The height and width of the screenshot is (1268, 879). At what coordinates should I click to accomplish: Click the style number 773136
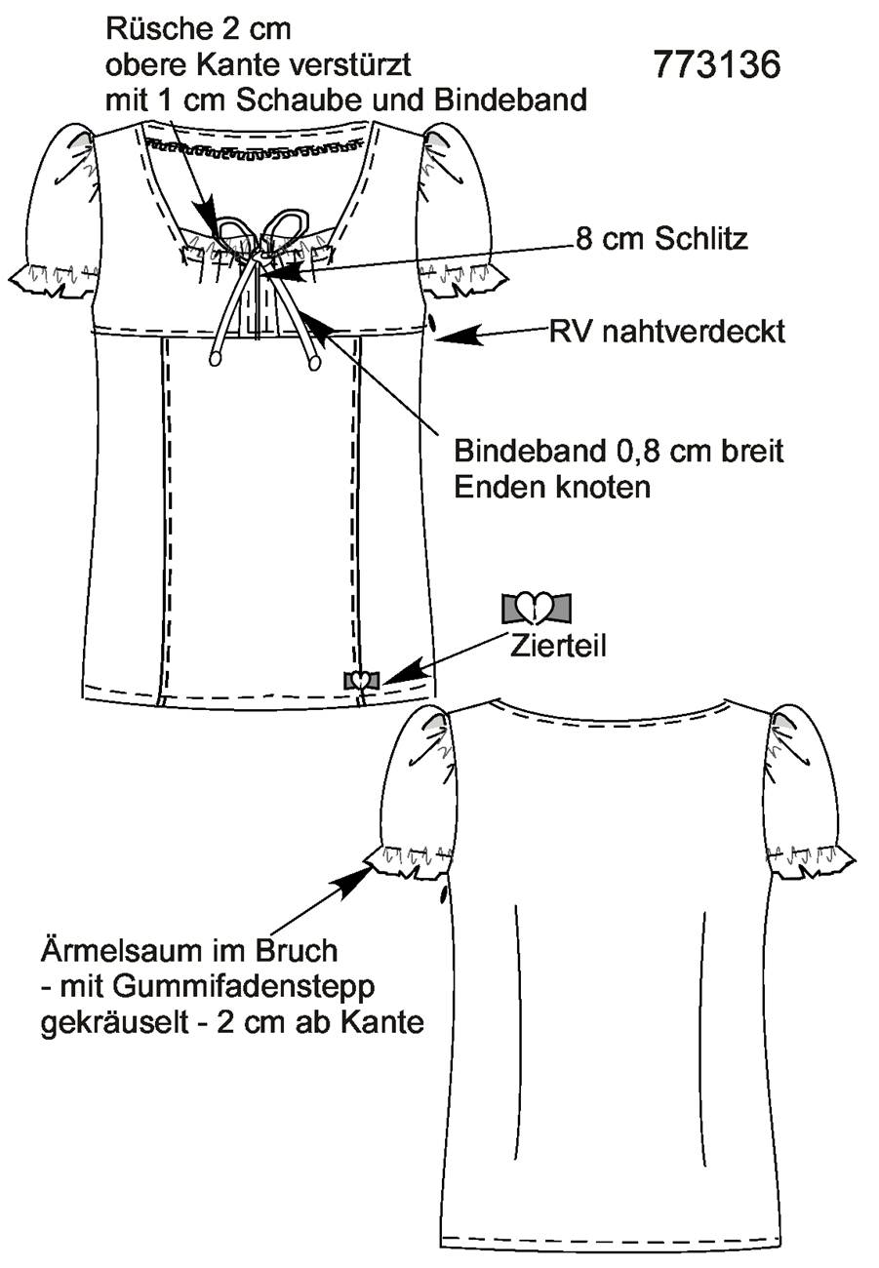717,64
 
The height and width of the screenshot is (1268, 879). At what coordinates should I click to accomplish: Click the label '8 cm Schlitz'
661,239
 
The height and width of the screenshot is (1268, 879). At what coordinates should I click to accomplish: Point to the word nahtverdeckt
694,332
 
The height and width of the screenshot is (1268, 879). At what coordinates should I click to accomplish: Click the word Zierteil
558,646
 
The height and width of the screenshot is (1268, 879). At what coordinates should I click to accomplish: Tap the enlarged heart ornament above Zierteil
536,609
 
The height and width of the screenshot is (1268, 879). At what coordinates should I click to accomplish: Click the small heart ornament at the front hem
361,679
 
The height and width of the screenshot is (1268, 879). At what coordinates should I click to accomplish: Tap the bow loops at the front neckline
262,232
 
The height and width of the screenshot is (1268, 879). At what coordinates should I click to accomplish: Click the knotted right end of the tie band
315,362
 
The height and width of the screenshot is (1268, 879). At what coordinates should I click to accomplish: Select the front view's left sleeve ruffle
53,277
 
